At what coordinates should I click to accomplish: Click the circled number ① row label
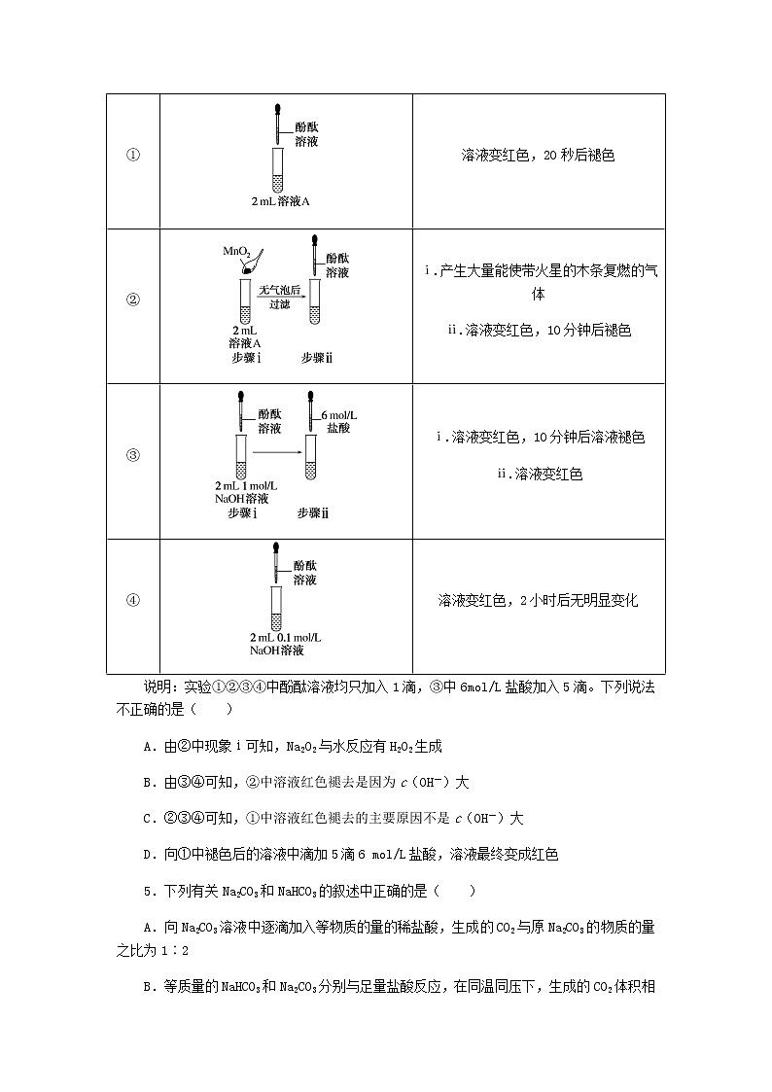133,156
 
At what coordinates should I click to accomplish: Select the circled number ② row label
133,299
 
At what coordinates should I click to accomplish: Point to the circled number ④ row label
133,599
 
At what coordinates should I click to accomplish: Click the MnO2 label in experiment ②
236,252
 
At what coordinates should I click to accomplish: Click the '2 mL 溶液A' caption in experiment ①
280,201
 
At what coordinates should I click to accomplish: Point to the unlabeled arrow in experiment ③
279,452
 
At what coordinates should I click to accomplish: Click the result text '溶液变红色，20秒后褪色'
540,156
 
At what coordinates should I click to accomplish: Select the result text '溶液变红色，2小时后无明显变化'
538,600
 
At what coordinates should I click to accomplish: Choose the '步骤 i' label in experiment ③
242,512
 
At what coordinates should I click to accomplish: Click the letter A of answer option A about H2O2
147,747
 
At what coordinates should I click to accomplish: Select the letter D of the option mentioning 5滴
147,854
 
